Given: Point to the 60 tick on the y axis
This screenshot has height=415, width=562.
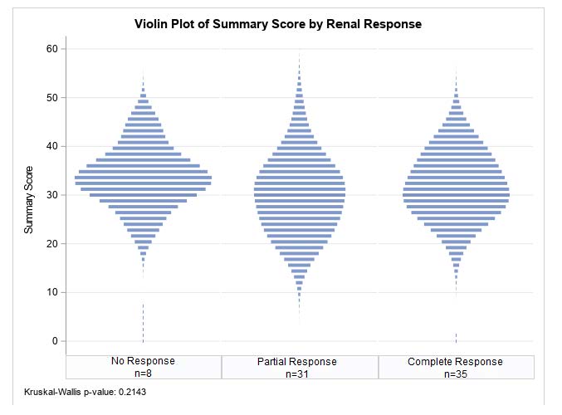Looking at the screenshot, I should pyautogui.click(x=51, y=49).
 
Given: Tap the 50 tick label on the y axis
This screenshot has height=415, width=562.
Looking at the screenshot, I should pyautogui.click(x=51, y=98).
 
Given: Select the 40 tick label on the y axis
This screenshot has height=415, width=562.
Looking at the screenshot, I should pyautogui.click(x=51, y=147).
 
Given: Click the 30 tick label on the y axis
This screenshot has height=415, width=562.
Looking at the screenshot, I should pyautogui.click(x=51, y=195).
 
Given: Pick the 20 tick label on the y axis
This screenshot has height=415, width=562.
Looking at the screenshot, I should pyautogui.click(x=51, y=244).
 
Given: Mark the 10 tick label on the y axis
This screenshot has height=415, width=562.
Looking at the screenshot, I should pyautogui.click(x=51, y=293).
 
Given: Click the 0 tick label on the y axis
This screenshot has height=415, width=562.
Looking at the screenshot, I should pyautogui.click(x=54, y=341).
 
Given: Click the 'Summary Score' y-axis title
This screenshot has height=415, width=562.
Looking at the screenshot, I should pyautogui.click(x=29, y=198).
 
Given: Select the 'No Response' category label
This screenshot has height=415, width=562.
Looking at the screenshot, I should pyautogui.click(x=143, y=362).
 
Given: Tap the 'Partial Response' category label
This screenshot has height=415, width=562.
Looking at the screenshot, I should pyautogui.click(x=299, y=362).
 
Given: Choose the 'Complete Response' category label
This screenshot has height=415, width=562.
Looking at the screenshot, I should pyautogui.click(x=455, y=362).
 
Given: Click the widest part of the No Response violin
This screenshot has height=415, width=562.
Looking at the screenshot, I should pyautogui.click(x=143, y=178).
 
